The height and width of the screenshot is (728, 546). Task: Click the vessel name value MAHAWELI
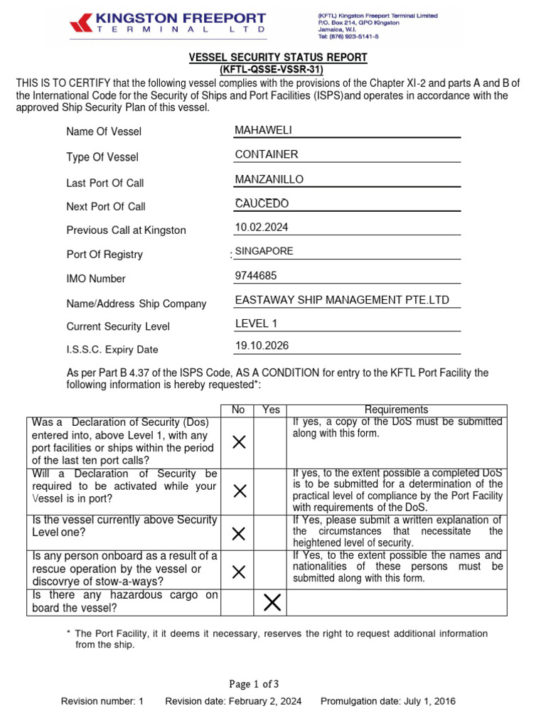pyautogui.click(x=263, y=129)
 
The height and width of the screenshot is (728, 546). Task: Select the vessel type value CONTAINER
pyautogui.click(x=266, y=154)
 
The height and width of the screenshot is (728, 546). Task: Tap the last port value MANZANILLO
pyautogui.click(x=269, y=179)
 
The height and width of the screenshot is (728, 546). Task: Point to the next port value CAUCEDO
pyautogui.click(x=262, y=203)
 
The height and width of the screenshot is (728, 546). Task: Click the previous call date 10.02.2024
pyautogui.click(x=262, y=227)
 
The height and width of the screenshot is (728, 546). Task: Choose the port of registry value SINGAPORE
pyautogui.click(x=264, y=251)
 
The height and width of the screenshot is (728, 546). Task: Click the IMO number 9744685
pyautogui.click(x=256, y=276)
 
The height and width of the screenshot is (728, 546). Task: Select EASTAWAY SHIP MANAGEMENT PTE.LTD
pyautogui.click(x=342, y=300)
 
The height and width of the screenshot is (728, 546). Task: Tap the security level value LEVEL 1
pyautogui.click(x=256, y=324)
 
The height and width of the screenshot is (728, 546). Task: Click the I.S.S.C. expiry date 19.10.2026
pyautogui.click(x=262, y=346)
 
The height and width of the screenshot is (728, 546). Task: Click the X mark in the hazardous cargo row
pyautogui.click(x=272, y=603)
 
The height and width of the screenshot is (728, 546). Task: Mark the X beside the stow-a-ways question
pyautogui.click(x=240, y=572)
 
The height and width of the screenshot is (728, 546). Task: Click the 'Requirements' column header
pyautogui.click(x=396, y=409)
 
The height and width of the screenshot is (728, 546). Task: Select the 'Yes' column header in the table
pyautogui.click(x=271, y=409)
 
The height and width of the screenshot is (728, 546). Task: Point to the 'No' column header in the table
pyautogui.click(x=239, y=409)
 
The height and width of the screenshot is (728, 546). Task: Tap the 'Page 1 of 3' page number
pyautogui.click(x=254, y=684)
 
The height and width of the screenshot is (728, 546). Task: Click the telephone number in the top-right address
pyautogui.click(x=347, y=36)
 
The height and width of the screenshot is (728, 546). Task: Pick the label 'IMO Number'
pyautogui.click(x=96, y=279)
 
